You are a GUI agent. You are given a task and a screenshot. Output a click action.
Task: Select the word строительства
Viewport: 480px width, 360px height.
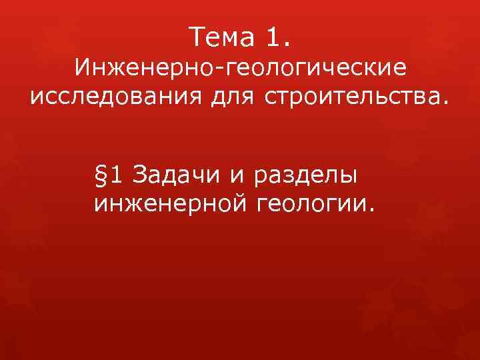pos(350,97)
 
